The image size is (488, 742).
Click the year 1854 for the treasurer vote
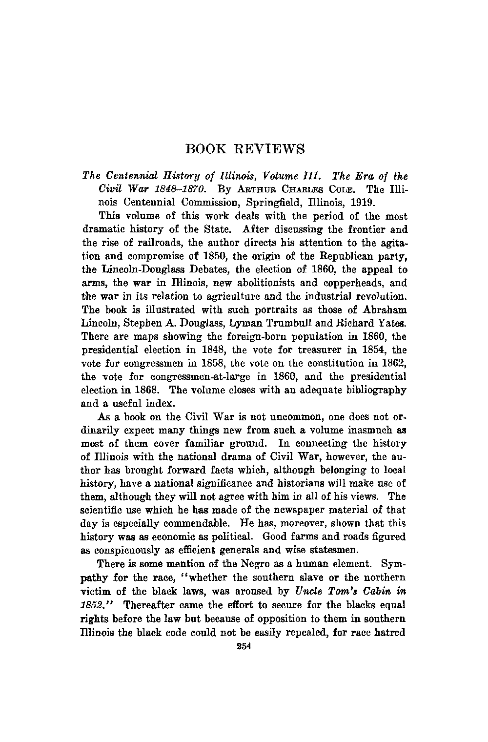point(372,350)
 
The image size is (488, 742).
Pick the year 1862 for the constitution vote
point(393,363)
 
